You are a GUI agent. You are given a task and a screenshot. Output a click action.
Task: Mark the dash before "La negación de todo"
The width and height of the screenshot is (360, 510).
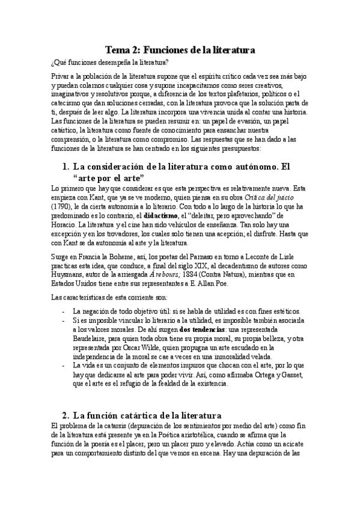click(64, 310)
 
